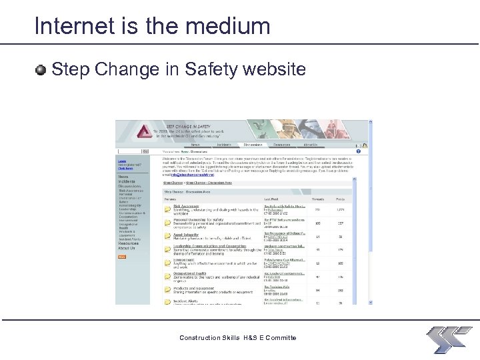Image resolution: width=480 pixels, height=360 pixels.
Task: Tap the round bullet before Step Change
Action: (x=42, y=69)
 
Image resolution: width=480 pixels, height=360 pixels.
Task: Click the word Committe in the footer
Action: (x=281, y=338)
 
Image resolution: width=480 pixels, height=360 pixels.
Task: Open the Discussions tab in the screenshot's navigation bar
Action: (x=253, y=144)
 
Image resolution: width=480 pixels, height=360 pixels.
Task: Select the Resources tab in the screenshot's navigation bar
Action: (x=282, y=144)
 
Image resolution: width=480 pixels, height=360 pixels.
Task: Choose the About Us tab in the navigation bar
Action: (x=311, y=144)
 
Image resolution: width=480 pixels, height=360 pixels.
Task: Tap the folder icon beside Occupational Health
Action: (x=168, y=277)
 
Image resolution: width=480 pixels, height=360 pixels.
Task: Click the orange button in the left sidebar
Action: (x=123, y=255)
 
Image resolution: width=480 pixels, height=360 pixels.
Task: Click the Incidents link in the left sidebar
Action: (x=126, y=181)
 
